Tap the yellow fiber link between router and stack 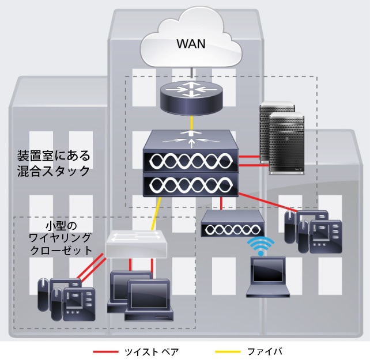pos(190,123)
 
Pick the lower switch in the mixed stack pos(191,184)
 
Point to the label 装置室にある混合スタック pos(54,163)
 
